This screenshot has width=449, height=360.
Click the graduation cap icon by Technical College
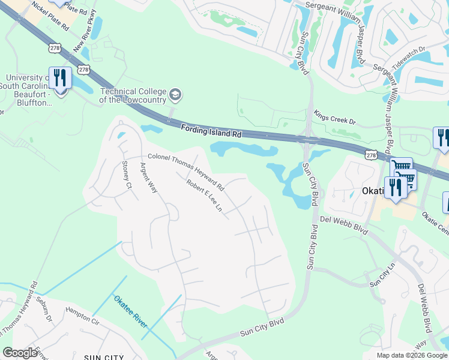175,94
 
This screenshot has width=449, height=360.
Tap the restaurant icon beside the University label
60,79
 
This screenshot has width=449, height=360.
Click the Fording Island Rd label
211,131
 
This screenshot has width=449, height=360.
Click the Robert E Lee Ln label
204,196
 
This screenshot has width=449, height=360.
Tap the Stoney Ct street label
127,174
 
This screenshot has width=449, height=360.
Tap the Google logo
20,353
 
